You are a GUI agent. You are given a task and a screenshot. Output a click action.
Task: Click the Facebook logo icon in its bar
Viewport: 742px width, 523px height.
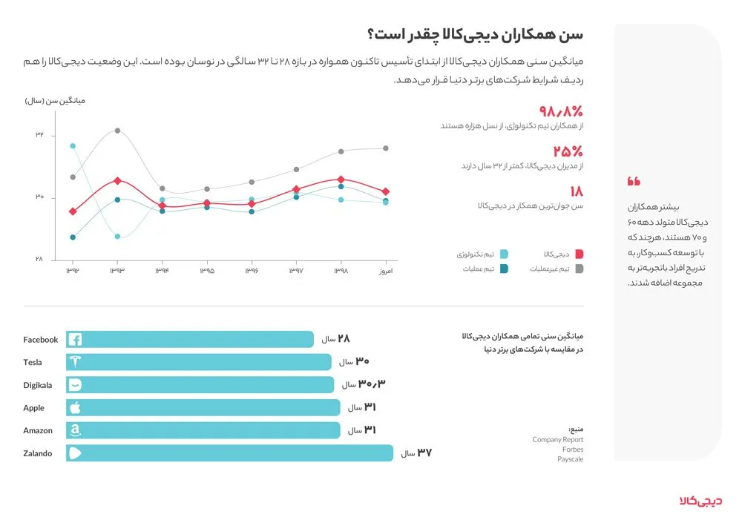(x=75, y=340)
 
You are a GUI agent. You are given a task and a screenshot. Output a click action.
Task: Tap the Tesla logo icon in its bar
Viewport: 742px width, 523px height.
(x=75, y=362)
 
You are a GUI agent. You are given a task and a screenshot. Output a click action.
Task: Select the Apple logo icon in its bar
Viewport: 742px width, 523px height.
(x=74, y=407)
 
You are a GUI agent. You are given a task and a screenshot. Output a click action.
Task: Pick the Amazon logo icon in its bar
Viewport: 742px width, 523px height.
(x=74, y=430)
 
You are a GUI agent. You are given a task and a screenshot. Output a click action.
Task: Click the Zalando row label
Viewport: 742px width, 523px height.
(x=37, y=453)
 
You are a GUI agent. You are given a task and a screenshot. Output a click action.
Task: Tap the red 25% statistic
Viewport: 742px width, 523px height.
(x=567, y=151)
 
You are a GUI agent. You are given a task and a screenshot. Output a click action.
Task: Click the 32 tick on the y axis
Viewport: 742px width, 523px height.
(x=39, y=135)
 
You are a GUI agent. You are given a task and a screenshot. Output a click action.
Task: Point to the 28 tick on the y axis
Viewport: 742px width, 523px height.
(x=39, y=259)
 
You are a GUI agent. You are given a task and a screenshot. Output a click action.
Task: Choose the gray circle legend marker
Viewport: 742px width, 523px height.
(x=579, y=269)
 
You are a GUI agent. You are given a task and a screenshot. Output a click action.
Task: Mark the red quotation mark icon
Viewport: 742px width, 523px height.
(x=633, y=181)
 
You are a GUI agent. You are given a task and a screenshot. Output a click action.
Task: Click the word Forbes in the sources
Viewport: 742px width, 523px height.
(x=573, y=450)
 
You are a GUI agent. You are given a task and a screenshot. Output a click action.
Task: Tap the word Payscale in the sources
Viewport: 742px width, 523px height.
(x=570, y=459)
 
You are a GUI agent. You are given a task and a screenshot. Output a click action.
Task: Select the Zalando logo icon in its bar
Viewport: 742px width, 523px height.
(x=75, y=453)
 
